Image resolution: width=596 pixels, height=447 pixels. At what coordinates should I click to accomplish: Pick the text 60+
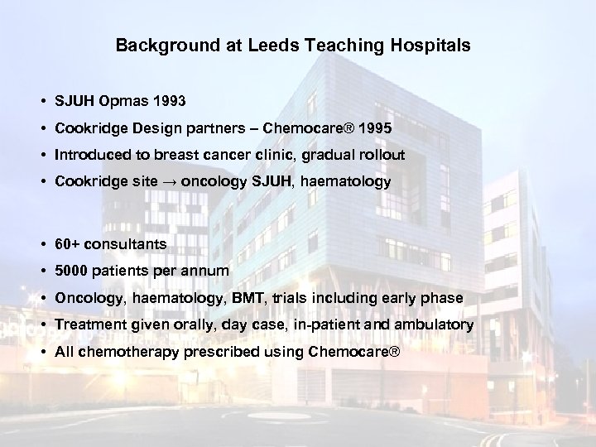click(68, 245)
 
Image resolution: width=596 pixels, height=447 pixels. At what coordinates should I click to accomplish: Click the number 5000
click(71, 271)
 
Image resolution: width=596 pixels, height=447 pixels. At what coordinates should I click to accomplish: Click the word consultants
click(127, 245)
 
